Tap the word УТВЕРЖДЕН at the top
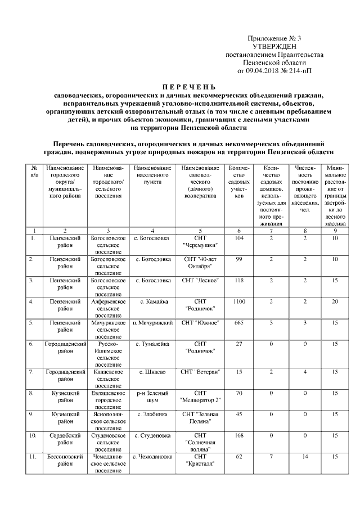[274, 46]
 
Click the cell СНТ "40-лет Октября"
[200, 262]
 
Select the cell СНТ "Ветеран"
[200, 372]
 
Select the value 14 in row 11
[305, 457]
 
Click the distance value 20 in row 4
[335, 301]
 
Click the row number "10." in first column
[34, 435]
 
